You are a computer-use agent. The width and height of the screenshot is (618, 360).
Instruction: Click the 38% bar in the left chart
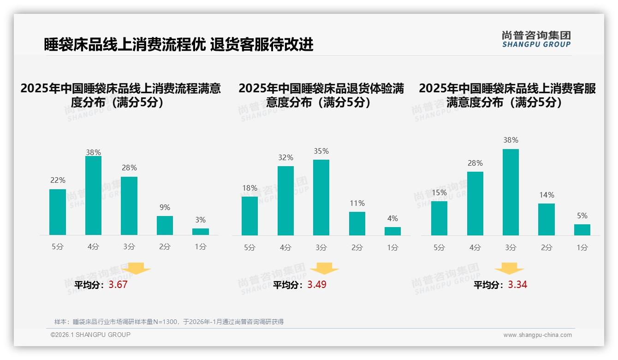pyautogui.click(x=93, y=196)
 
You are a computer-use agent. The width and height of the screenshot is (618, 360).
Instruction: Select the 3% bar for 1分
pyautogui.click(x=201, y=232)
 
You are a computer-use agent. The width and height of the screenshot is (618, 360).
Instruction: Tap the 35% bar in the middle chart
pyautogui.click(x=321, y=198)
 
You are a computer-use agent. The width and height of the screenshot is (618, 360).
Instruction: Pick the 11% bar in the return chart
pyautogui.click(x=357, y=224)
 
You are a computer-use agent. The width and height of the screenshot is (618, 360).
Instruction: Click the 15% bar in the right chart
pyautogui.click(x=439, y=218)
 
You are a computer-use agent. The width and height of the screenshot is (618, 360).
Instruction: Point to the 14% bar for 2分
pyautogui.click(x=547, y=219)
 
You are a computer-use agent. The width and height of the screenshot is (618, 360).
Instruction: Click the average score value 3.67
pyautogui.click(x=118, y=285)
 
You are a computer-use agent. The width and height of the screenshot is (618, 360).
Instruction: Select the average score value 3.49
pyautogui.click(x=317, y=285)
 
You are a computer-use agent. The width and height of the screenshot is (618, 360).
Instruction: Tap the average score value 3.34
pyautogui.click(x=517, y=285)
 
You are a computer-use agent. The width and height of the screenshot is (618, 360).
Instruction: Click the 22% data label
pyautogui.click(x=58, y=180)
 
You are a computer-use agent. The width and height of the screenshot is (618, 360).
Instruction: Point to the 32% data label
pyautogui.click(x=285, y=158)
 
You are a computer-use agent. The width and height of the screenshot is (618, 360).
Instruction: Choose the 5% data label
pyautogui.click(x=582, y=216)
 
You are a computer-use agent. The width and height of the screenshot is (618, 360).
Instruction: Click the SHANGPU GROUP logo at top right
pyautogui.click(x=536, y=39)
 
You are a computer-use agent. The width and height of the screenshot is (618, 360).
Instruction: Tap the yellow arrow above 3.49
pyautogui.click(x=325, y=269)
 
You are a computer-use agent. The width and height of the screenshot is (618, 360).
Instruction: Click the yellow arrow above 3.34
pyautogui.click(x=509, y=269)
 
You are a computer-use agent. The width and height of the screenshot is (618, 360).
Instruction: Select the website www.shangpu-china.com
pyautogui.click(x=537, y=335)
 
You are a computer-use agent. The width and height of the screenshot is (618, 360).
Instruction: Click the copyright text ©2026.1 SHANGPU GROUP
pyautogui.click(x=90, y=335)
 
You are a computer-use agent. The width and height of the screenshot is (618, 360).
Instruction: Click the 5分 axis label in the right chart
pyautogui.click(x=439, y=248)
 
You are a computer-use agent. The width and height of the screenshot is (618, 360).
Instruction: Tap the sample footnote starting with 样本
pyautogui.click(x=169, y=322)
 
